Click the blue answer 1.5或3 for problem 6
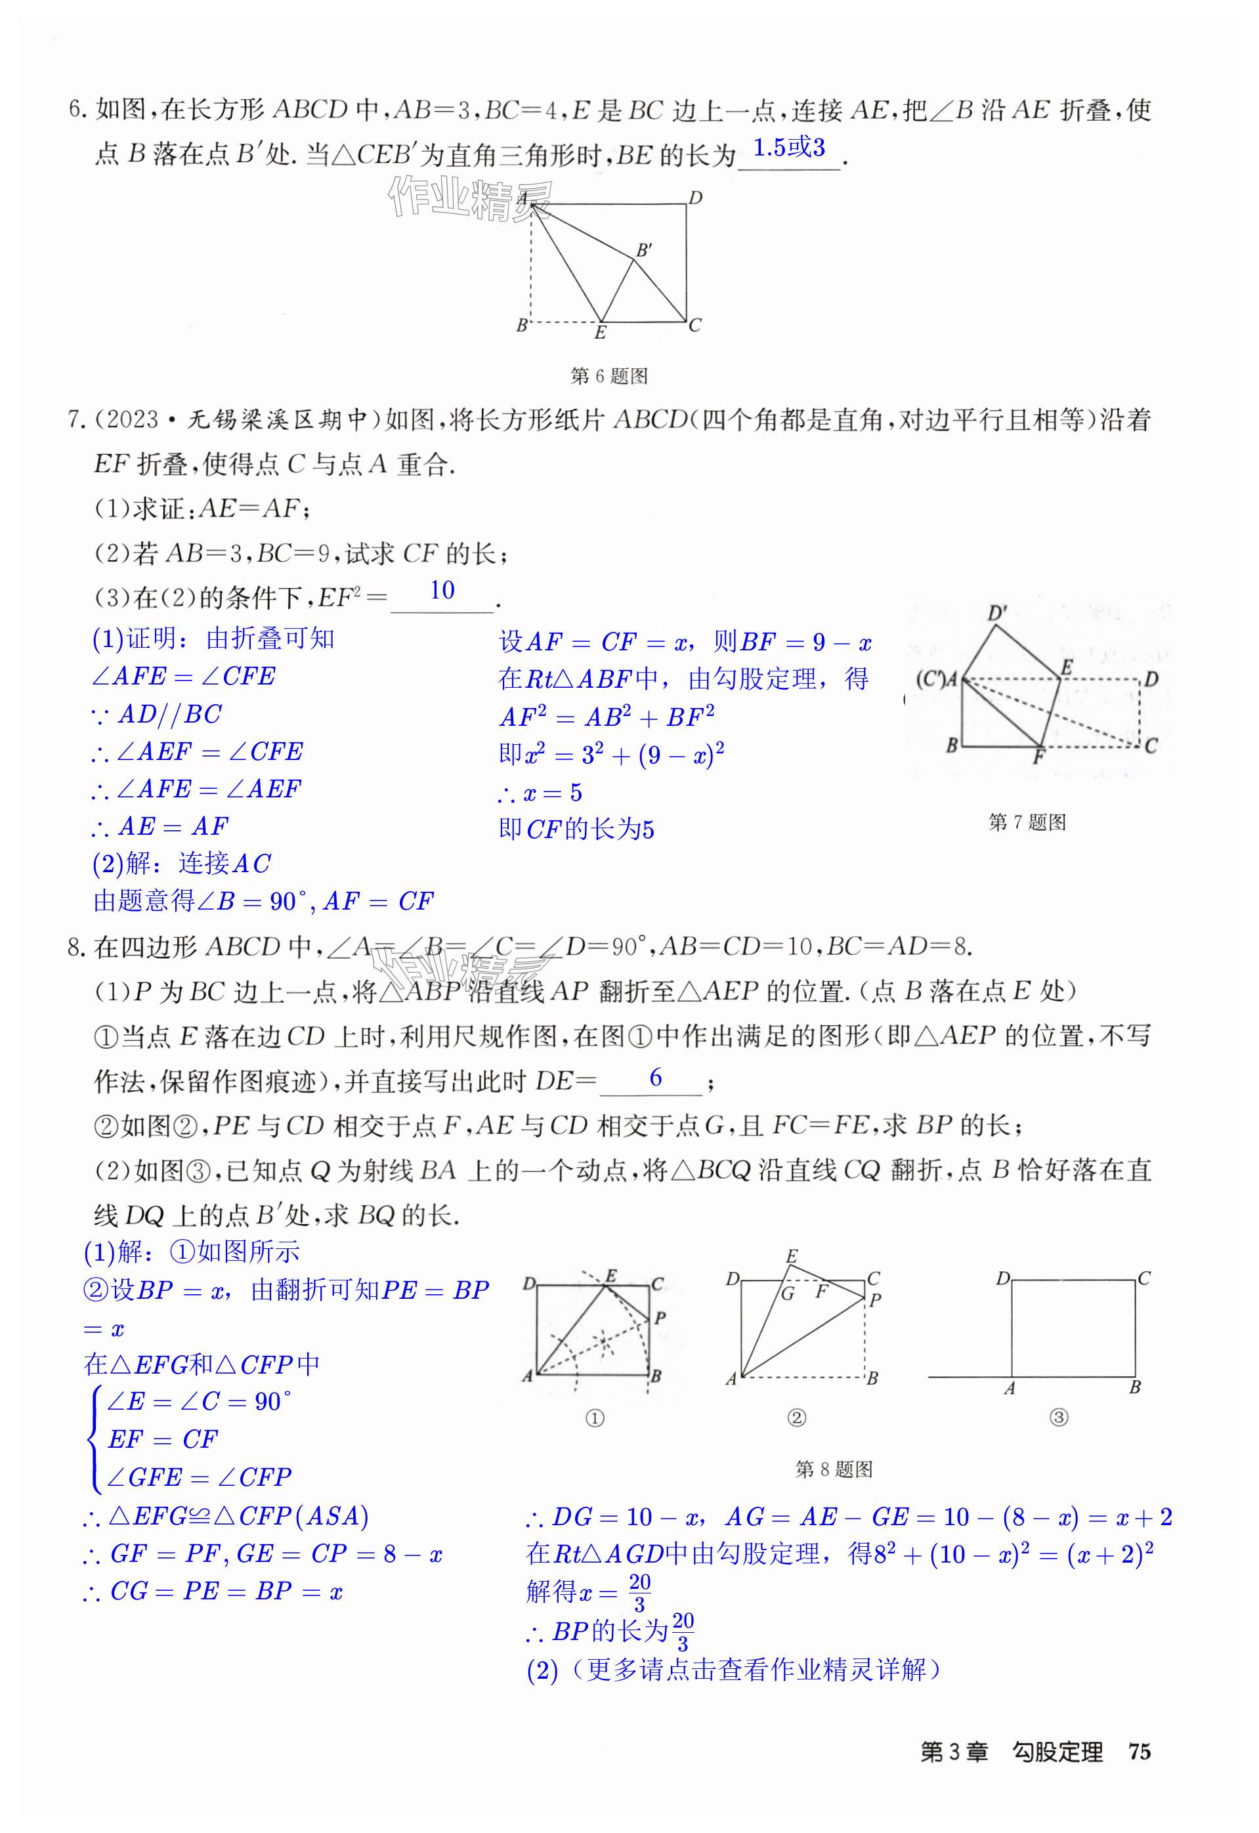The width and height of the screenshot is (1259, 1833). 788,148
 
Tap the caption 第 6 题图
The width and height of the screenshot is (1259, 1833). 608,376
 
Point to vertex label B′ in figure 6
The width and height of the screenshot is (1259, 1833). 644,250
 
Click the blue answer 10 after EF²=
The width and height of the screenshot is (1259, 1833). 442,590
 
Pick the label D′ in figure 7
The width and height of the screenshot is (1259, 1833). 997,614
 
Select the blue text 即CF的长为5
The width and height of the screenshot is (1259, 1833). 576,830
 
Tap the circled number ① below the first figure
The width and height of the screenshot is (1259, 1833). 595,1418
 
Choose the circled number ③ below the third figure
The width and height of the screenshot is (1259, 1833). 1059,1418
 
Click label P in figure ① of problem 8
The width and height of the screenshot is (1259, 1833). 660,1317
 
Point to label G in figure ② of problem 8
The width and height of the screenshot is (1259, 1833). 787,1294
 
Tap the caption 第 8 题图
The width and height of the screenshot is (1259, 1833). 834,1469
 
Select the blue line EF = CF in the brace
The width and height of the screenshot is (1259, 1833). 163,1439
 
